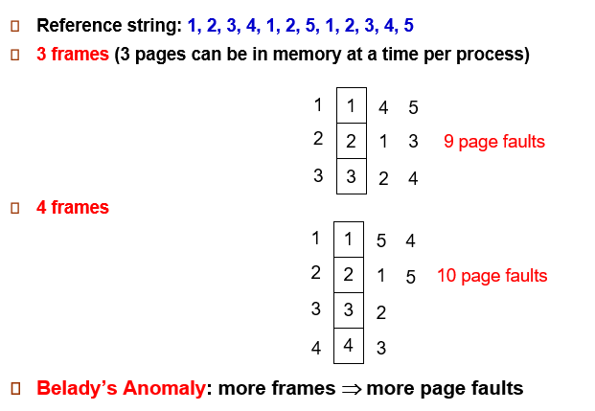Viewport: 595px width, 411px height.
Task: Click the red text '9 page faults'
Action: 493,142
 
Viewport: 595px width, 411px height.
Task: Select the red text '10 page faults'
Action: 492,276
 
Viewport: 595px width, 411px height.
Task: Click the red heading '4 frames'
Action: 73,207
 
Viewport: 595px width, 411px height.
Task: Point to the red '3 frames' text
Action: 73,55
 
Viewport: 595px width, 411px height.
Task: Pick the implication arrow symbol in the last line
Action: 351,389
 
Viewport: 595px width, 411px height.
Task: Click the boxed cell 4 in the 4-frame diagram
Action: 349,346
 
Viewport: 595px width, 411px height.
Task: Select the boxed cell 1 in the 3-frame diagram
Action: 351,105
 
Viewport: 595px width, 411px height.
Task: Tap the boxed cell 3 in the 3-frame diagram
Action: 351,176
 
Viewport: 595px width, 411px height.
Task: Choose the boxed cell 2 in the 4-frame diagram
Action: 349,275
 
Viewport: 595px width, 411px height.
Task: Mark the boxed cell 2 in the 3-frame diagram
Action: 351,141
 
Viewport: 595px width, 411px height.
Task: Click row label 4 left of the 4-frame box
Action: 315,348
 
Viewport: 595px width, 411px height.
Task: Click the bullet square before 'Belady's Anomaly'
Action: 16,389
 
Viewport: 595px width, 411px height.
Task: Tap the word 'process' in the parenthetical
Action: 490,55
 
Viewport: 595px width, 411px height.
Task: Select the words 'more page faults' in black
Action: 445,388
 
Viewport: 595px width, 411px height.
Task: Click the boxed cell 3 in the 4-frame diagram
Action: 349,310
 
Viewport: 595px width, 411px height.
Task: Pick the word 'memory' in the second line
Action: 308,55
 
